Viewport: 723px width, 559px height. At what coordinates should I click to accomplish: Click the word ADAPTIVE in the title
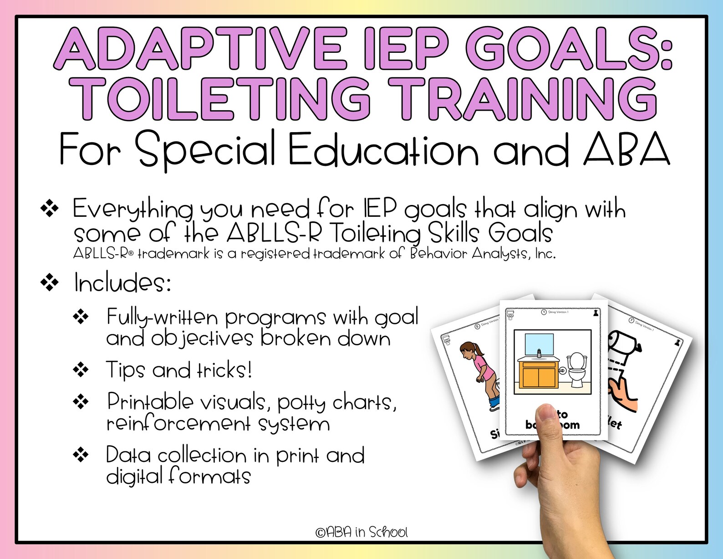[x=200, y=49]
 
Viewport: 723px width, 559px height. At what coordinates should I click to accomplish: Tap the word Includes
[x=122, y=283]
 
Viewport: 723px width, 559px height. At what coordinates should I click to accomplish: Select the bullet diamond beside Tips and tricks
[x=81, y=369]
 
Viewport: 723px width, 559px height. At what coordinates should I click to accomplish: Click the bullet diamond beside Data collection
[x=81, y=454]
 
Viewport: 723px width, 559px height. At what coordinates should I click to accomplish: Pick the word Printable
[x=150, y=402]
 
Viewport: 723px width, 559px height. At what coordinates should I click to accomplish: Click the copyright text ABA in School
[x=361, y=532]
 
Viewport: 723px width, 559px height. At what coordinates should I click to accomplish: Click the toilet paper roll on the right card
[x=624, y=343]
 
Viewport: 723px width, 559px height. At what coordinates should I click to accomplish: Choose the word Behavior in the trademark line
[x=439, y=253]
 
